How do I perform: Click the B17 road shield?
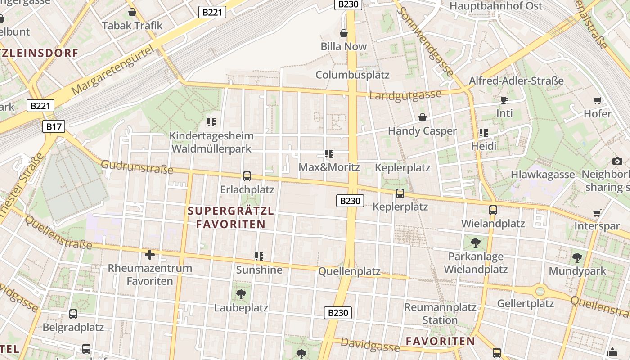click(x=54, y=126)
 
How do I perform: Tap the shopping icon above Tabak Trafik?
click(x=132, y=12)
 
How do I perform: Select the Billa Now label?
click(x=343, y=46)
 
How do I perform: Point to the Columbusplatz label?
click(x=352, y=74)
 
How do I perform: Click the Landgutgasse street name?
click(x=405, y=95)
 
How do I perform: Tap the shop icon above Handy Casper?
click(x=423, y=117)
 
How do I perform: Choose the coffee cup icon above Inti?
click(x=504, y=99)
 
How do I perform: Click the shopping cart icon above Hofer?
click(x=597, y=100)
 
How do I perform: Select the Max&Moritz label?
click(x=329, y=167)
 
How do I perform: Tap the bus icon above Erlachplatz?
click(x=247, y=176)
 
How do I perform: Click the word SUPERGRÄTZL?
click(x=230, y=211)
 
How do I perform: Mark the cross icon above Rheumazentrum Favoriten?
click(x=150, y=255)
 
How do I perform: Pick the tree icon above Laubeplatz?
click(x=241, y=294)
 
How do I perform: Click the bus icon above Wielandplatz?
click(x=493, y=210)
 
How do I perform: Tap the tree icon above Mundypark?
click(x=577, y=258)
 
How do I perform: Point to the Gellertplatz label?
click(x=525, y=303)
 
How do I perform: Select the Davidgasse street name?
click(x=370, y=345)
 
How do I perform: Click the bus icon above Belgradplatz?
click(x=73, y=314)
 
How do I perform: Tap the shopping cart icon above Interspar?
click(x=597, y=213)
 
